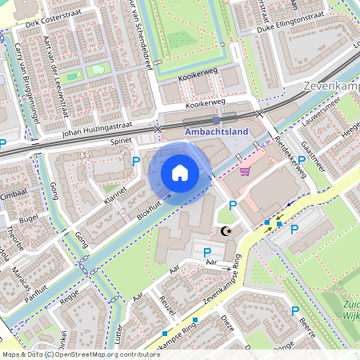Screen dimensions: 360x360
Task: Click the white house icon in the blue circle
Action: tap(180, 173)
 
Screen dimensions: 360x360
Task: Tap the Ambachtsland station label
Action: tap(216, 131)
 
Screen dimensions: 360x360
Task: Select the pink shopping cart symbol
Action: tap(245, 170)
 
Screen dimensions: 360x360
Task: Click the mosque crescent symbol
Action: tap(226, 231)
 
